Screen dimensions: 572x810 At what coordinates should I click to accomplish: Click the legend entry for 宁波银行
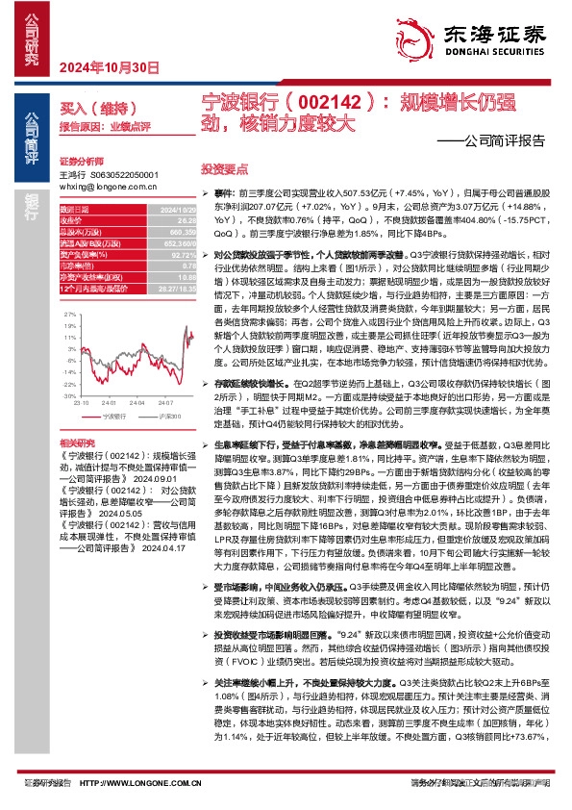click(x=112, y=416)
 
